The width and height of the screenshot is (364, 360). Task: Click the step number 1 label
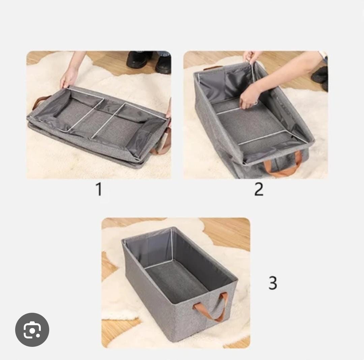click(99, 189)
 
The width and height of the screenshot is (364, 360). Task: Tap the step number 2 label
click(259, 189)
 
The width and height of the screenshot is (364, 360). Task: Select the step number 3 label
click(273, 283)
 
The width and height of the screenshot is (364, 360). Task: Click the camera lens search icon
click(32, 330)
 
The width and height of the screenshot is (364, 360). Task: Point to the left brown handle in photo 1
click(40, 102)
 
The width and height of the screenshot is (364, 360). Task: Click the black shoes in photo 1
click(148, 61)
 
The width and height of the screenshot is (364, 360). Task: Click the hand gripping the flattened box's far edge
click(69, 77)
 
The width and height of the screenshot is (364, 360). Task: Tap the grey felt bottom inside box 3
click(175, 280)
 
